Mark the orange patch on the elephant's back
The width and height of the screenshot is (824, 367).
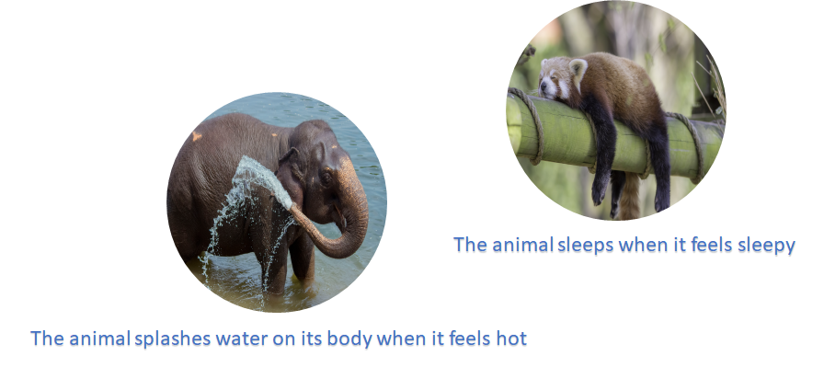point(196,135)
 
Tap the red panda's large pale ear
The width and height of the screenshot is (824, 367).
point(578,68)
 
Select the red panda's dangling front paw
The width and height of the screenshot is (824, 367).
point(600,189)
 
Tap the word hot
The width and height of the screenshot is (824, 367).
point(510,338)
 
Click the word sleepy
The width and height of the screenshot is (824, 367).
point(764,245)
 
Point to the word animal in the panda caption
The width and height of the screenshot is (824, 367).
point(521,245)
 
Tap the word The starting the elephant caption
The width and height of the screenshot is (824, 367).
point(46,338)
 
